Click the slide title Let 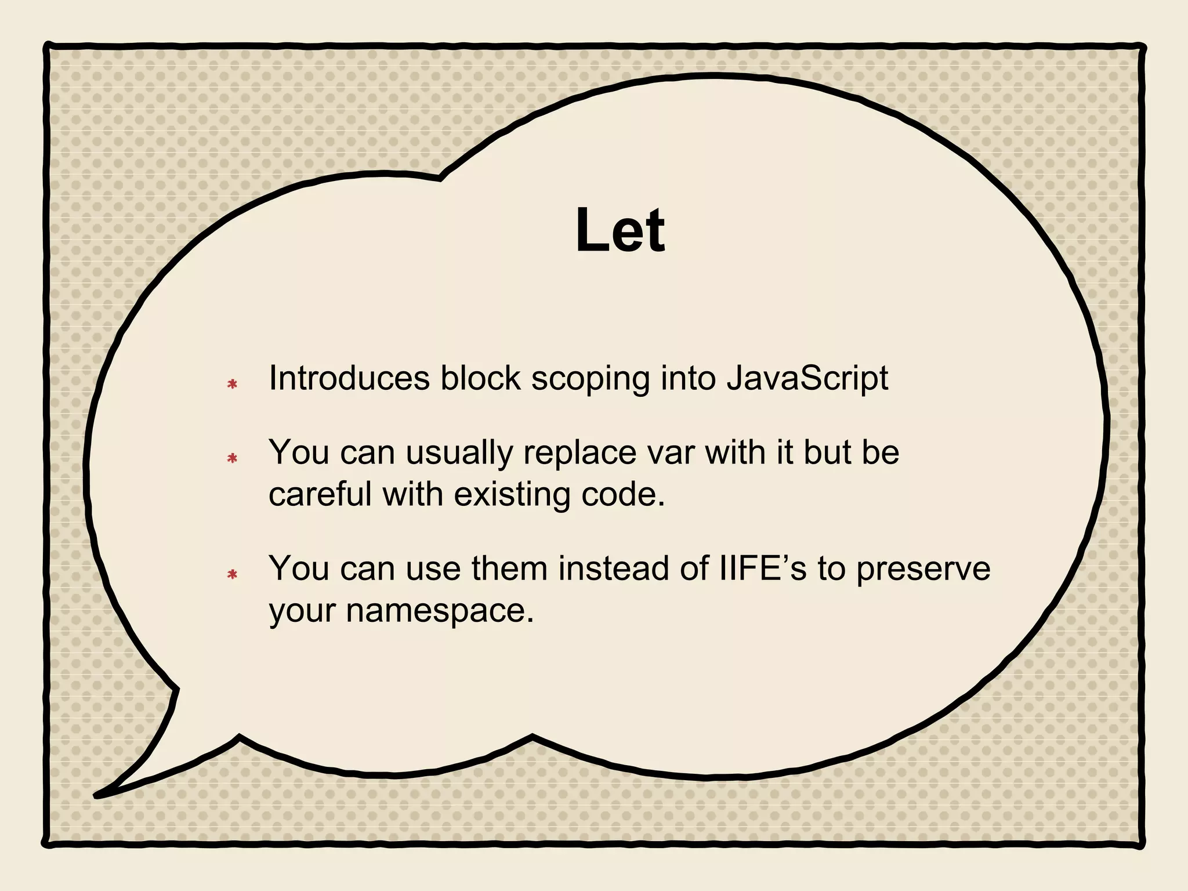(x=620, y=231)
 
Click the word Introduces (x=349, y=378)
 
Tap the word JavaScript (x=807, y=379)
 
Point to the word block (x=480, y=378)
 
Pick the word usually (x=459, y=454)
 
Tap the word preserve (x=923, y=569)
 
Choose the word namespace (x=440, y=611)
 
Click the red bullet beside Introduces (x=233, y=384)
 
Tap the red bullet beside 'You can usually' (x=233, y=458)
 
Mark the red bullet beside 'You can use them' (x=233, y=574)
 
